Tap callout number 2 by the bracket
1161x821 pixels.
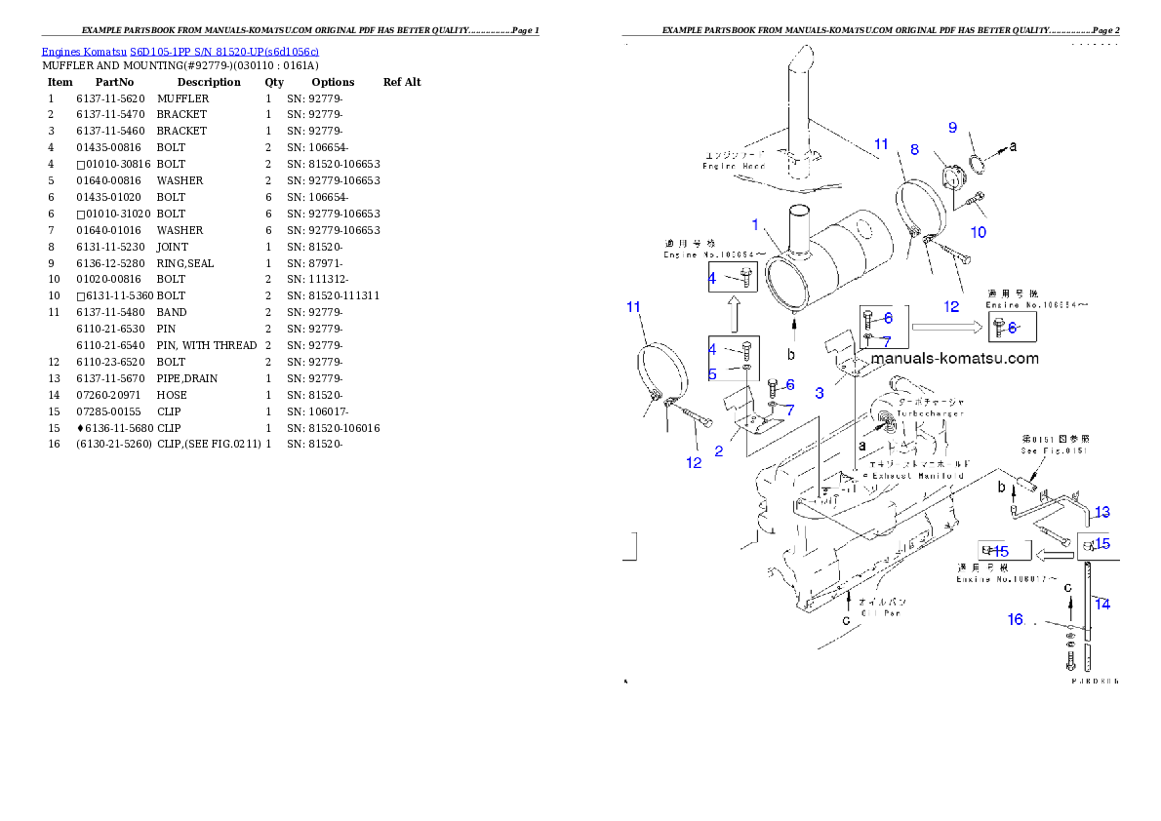[x=719, y=450]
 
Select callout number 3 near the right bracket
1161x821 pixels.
[x=820, y=392]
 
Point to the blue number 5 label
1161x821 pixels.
[x=712, y=373]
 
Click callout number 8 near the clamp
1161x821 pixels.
[x=914, y=149]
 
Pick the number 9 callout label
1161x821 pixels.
[x=952, y=127]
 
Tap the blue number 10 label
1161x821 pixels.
[x=978, y=232]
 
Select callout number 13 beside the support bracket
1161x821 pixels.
[x=1101, y=512]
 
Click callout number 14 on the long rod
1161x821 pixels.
[x=1102, y=604]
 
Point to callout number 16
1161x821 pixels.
[x=1016, y=618]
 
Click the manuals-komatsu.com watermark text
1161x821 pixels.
[x=955, y=358]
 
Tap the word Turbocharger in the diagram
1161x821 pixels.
[x=930, y=413]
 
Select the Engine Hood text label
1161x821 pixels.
[x=735, y=166]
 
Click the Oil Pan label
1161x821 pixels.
[x=880, y=613]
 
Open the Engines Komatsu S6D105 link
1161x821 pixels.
[x=180, y=51]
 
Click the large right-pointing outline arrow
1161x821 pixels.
[x=947, y=329]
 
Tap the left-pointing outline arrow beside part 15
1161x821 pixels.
[x=1054, y=555]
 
